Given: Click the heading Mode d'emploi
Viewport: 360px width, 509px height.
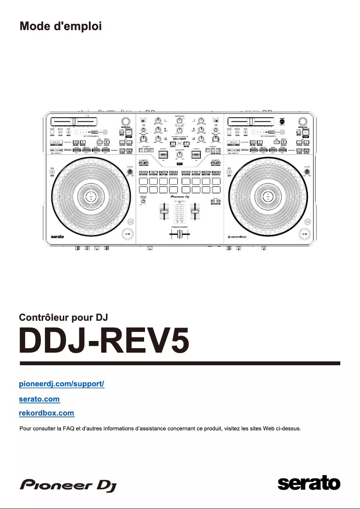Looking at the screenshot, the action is [61, 26].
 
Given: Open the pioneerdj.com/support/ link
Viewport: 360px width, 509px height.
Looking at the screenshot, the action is [61, 384].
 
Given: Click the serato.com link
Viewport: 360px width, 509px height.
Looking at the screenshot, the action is [40, 398].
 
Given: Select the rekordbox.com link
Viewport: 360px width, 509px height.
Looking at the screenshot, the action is [47, 412].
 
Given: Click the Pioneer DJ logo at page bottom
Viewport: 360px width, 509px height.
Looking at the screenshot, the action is [65, 485].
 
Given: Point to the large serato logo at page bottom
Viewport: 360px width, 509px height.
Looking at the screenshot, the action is [309, 484].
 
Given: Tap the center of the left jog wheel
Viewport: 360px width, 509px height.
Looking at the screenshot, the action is [92, 197].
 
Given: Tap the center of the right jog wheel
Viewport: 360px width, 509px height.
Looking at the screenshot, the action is [268, 197].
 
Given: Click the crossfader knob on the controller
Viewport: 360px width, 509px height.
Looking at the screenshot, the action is [180, 235].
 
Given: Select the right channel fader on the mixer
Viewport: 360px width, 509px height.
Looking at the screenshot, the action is [196, 211].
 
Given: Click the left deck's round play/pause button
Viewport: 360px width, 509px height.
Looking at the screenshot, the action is [128, 234].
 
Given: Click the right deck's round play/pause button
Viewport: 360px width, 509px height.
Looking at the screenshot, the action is [305, 234].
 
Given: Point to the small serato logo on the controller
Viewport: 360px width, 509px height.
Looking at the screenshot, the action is [57, 236].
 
